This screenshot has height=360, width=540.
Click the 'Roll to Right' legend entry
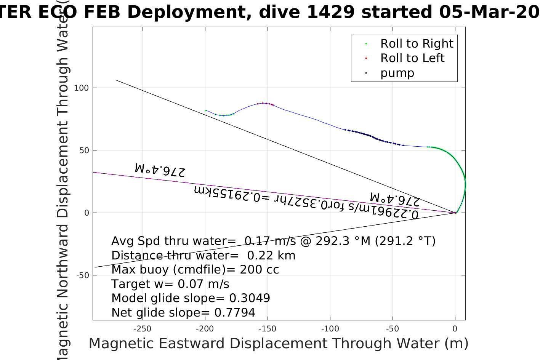tap(417, 44)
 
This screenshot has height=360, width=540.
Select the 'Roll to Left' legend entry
tap(412, 58)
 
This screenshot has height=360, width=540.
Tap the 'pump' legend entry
tap(397, 73)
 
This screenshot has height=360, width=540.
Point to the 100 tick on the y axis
tap(82, 88)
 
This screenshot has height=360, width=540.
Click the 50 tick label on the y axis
tap(84, 150)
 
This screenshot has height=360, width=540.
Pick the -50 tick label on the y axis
tap(82, 275)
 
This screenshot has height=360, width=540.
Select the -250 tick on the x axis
tap(143, 329)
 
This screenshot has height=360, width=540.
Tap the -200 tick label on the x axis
tap(205, 329)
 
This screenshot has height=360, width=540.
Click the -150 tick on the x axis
tap(268, 329)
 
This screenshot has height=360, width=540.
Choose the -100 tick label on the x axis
tap(330, 329)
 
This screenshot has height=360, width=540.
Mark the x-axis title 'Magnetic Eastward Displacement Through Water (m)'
tap(279, 344)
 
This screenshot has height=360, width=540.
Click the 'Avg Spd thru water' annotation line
tap(273, 241)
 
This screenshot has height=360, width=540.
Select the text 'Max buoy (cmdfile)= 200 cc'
tap(195, 270)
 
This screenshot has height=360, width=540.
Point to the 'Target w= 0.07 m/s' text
tap(170, 284)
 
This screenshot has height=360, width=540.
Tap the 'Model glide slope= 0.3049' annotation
tap(191, 298)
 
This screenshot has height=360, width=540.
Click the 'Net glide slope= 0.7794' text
tap(183, 313)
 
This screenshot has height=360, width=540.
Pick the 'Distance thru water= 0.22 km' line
tap(203, 256)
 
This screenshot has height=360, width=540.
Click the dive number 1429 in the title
tap(331, 12)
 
